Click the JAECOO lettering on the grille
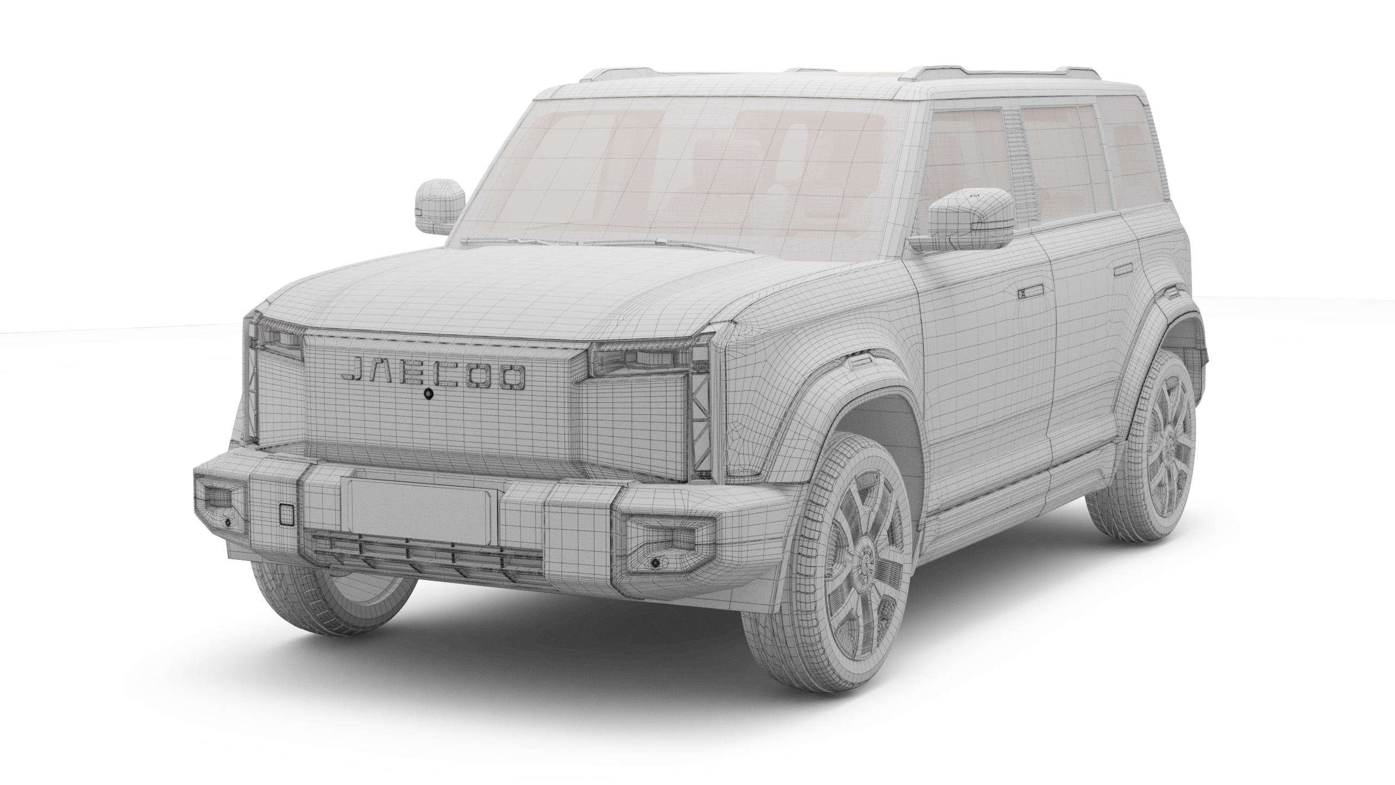click(433, 373)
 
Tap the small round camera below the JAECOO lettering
click(429, 393)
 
